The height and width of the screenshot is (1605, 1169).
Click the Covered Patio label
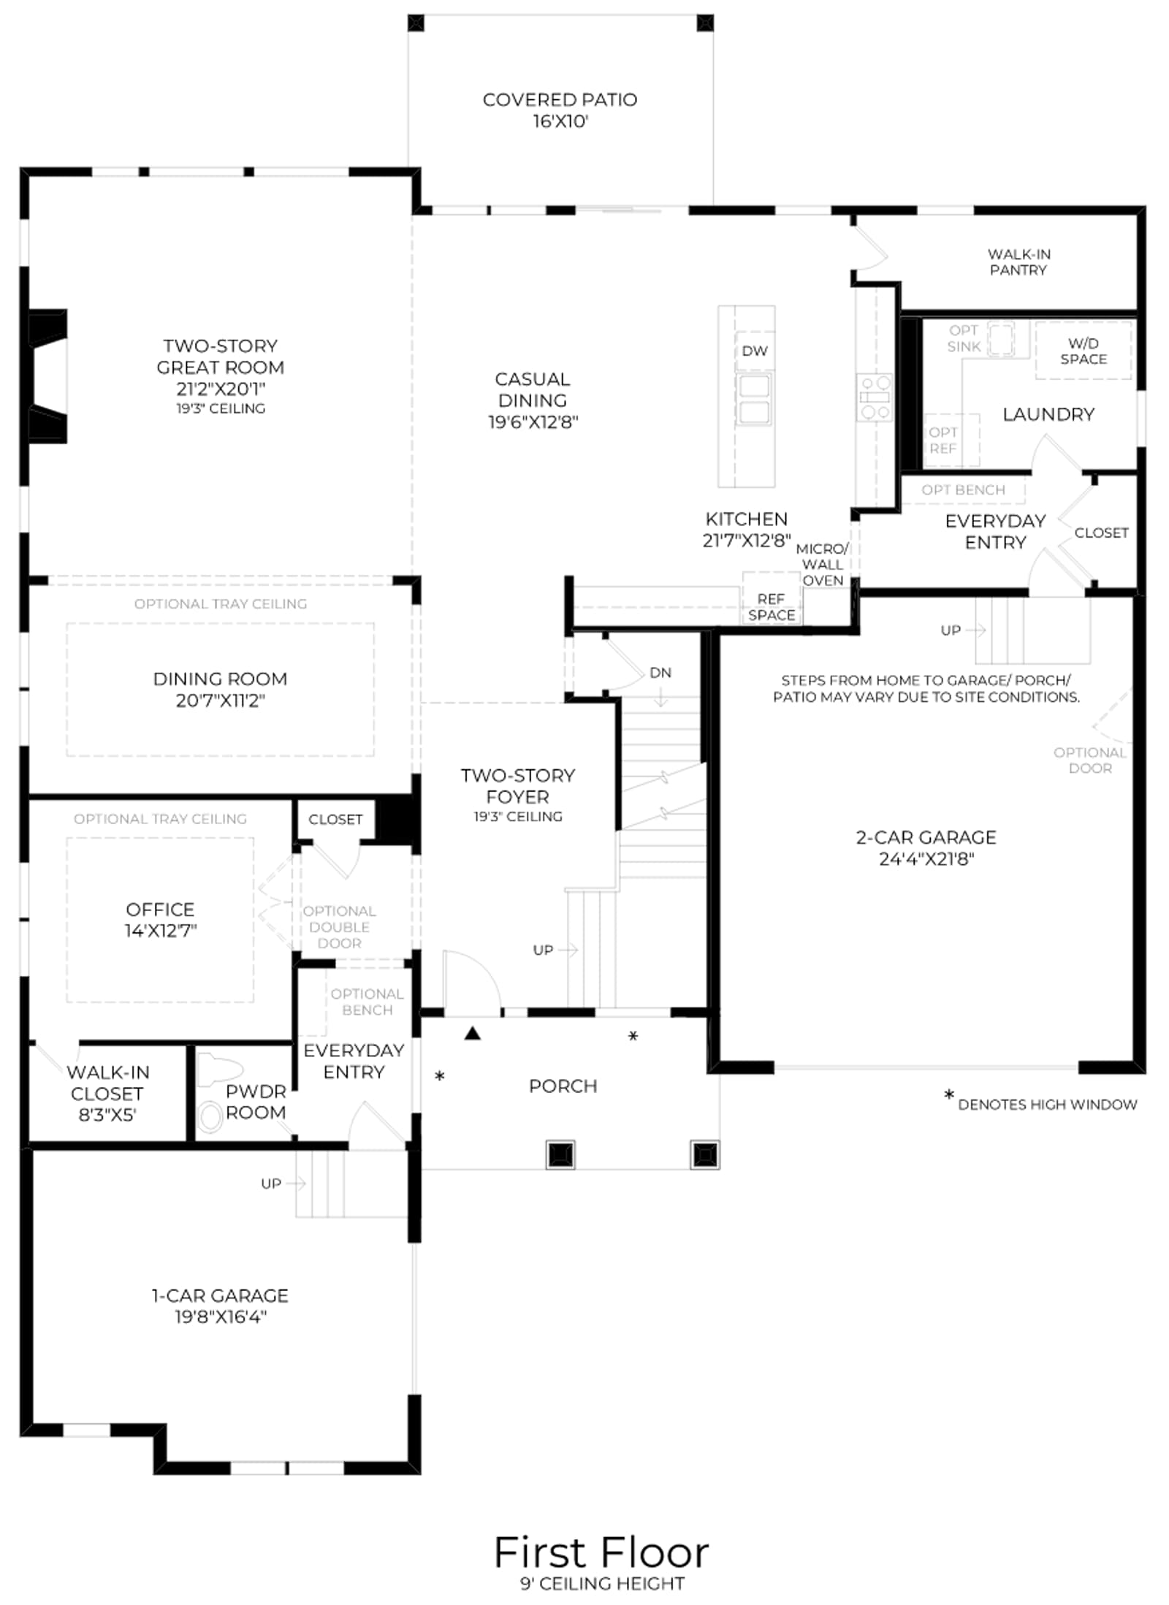pos(560,99)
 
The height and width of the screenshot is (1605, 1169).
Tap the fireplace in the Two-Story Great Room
pos(47,376)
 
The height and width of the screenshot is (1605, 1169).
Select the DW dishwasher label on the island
pos(755,351)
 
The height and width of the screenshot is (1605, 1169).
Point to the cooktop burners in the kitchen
pos(875,397)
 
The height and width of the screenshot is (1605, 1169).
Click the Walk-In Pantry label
pos(1018,262)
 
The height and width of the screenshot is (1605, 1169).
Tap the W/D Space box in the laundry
pos(1083,350)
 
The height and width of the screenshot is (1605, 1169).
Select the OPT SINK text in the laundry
pos(963,338)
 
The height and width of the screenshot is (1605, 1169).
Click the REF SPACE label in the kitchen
pos(772,607)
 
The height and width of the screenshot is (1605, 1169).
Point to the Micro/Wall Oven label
pos(823,564)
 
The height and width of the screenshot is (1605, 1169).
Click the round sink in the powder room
pos(210,1117)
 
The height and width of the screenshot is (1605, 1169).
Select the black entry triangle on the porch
pos(473,1033)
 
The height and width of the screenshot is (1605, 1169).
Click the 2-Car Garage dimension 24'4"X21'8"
pos(926,858)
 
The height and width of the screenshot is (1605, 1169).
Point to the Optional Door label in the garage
pos(1089,760)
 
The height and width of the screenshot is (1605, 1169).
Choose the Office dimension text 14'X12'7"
pos(161,931)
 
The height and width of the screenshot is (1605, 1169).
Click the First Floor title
pos(601,1552)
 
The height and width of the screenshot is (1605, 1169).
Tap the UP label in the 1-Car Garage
pos(271,1183)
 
